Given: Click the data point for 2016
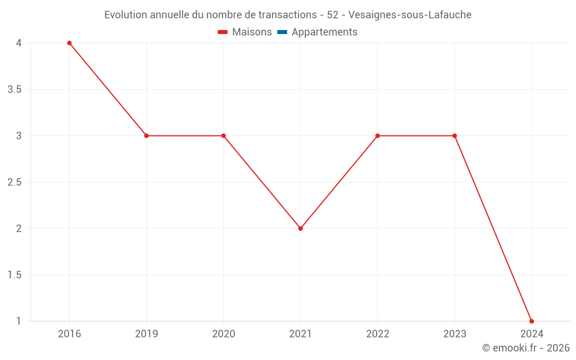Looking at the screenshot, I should click(x=69, y=43).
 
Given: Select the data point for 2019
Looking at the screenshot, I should click(x=146, y=136).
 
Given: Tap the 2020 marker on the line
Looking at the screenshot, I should click(x=223, y=136).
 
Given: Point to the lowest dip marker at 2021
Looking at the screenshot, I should click(x=301, y=229).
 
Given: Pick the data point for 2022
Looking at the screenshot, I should click(x=377, y=136).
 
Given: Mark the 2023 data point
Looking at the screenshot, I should click(x=454, y=136).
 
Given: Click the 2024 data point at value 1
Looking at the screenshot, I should click(x=532, y=321).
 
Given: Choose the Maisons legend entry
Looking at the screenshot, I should click(x=252, y=32).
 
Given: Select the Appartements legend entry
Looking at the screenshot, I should click(x=324, y=32).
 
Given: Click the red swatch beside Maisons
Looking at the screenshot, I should click(x=223, y=32).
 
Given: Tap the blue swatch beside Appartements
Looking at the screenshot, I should click(x=282, y=32).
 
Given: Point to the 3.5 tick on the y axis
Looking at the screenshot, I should click(x=15, y=89).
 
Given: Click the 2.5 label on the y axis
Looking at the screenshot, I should click(x=15, y=182).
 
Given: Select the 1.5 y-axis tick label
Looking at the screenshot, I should click(x=15, y=275).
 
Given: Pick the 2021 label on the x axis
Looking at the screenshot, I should click(x=301, y=334).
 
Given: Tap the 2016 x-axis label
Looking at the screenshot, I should click(x=69, y=334).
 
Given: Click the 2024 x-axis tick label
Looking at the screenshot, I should click(x=532, y=334).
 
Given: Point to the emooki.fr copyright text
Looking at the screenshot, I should click(x=526, y=348).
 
